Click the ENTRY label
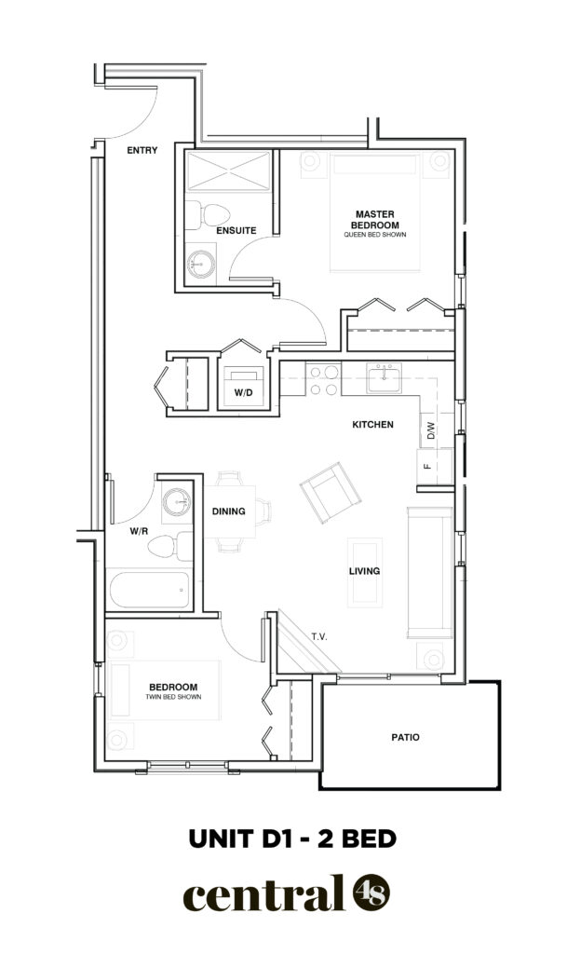point(142,150)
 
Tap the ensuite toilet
point(209,215)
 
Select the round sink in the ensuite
point(201,264)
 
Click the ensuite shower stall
point(228,171)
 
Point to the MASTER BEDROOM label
point(375,220)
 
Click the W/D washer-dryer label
point(243,393)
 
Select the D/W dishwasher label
point(431,431)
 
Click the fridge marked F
point(434,467)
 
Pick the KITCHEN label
point(372,425)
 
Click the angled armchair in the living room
point(330,492)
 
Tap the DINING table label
point(228,511)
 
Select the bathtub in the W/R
point(150,590)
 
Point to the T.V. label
point(319,637)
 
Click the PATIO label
point(405,738)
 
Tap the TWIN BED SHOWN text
point(173,697)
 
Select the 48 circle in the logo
point(371,893)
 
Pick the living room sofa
point(430,573)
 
